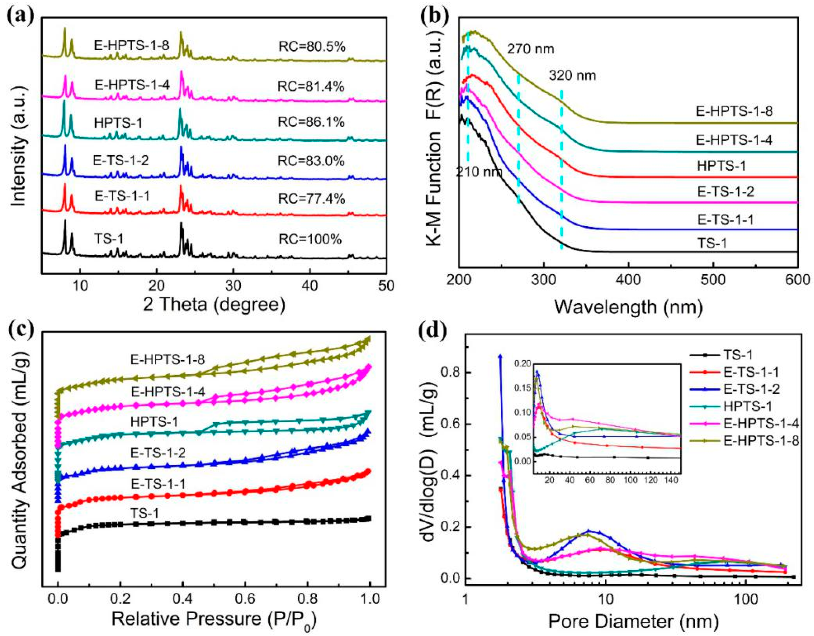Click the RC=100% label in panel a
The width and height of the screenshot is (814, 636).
310,239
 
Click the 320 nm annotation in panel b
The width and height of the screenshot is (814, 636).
572,76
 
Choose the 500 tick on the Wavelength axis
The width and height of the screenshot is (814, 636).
713,281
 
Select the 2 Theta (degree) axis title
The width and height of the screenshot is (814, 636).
214,305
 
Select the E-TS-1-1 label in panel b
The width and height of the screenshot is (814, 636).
725,220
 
